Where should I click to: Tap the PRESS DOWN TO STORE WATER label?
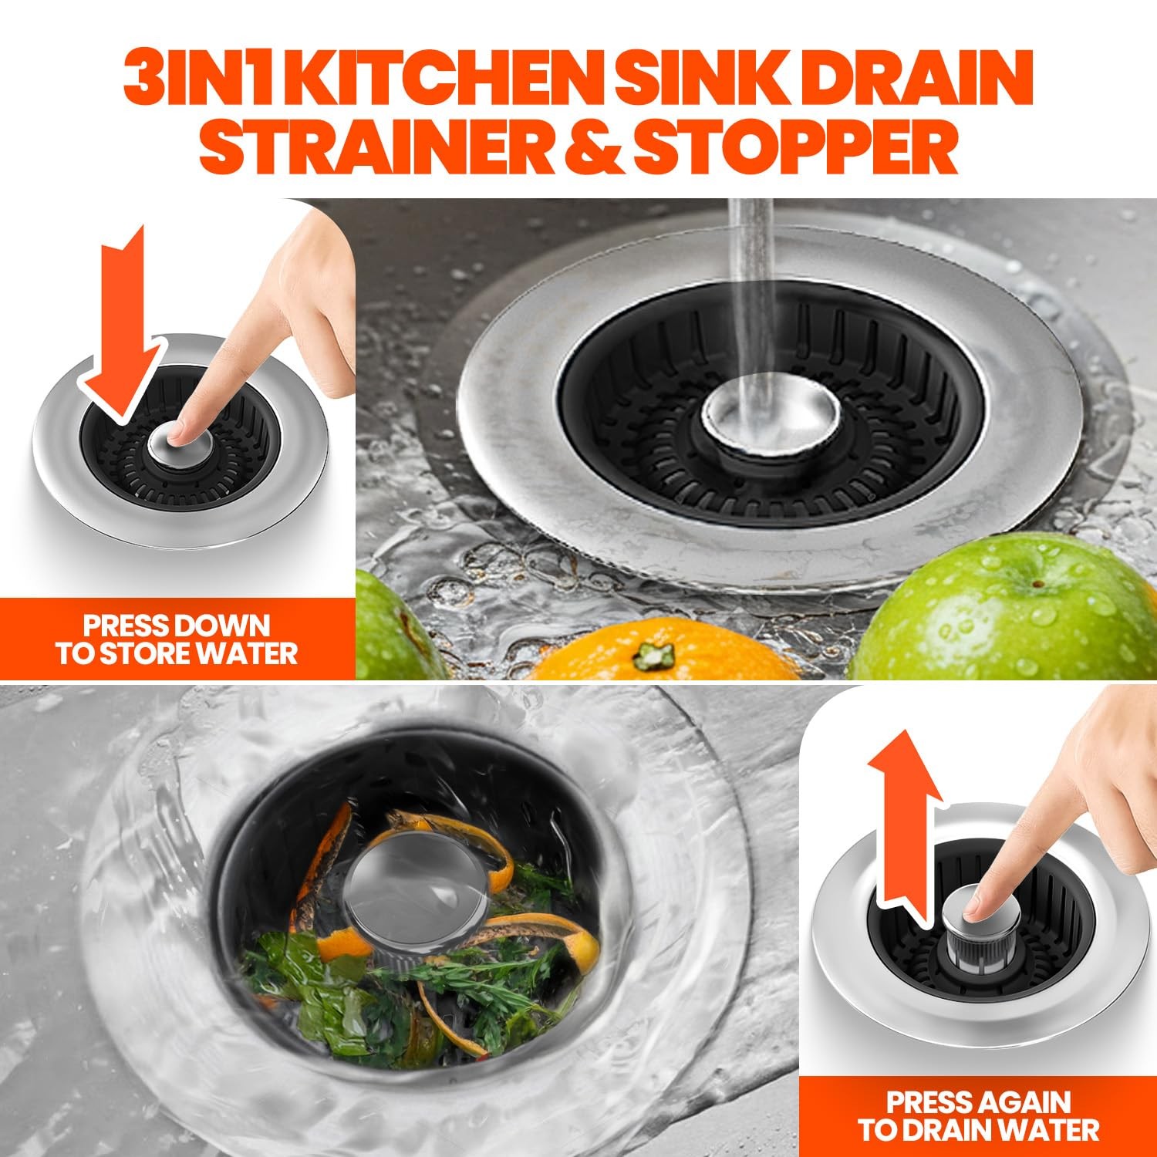point(176,639)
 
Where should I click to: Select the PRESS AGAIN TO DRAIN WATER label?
point(978,1115)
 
